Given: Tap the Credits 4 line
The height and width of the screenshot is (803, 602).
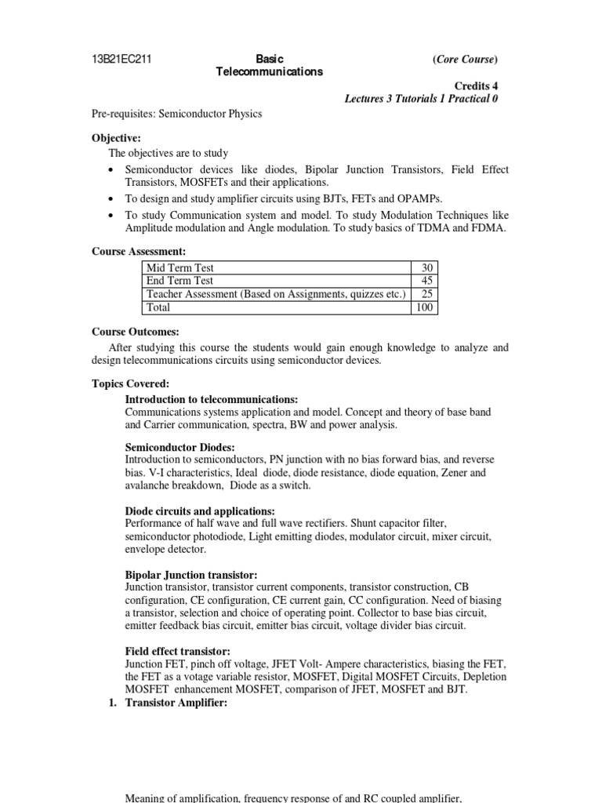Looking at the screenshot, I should click(x=477, y=86).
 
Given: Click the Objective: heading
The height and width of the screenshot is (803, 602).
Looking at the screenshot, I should click(x=116, y=138).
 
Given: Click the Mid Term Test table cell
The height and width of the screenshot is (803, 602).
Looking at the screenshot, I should click(x=180, y=268).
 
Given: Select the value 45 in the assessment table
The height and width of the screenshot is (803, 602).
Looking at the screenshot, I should click(x=428, y=281).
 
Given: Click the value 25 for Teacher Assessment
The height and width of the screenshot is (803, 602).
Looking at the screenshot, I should click(x=428, y=294).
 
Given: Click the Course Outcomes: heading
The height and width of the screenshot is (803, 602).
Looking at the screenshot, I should click(x=136, y=332).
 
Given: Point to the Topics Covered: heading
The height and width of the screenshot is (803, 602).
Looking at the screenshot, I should click(x=130, y=383).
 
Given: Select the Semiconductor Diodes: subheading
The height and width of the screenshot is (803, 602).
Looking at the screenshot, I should click(x=174, y=446).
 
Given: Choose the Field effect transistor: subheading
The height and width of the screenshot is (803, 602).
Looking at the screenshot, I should click(x=178, y=651).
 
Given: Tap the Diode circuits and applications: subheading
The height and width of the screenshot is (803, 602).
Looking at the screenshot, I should click(x=203, y=511).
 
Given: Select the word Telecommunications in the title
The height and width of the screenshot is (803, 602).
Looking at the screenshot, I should click(x=269, y=72).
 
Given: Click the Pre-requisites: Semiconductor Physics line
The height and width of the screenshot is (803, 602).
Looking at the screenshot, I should click(x=176, y=114).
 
